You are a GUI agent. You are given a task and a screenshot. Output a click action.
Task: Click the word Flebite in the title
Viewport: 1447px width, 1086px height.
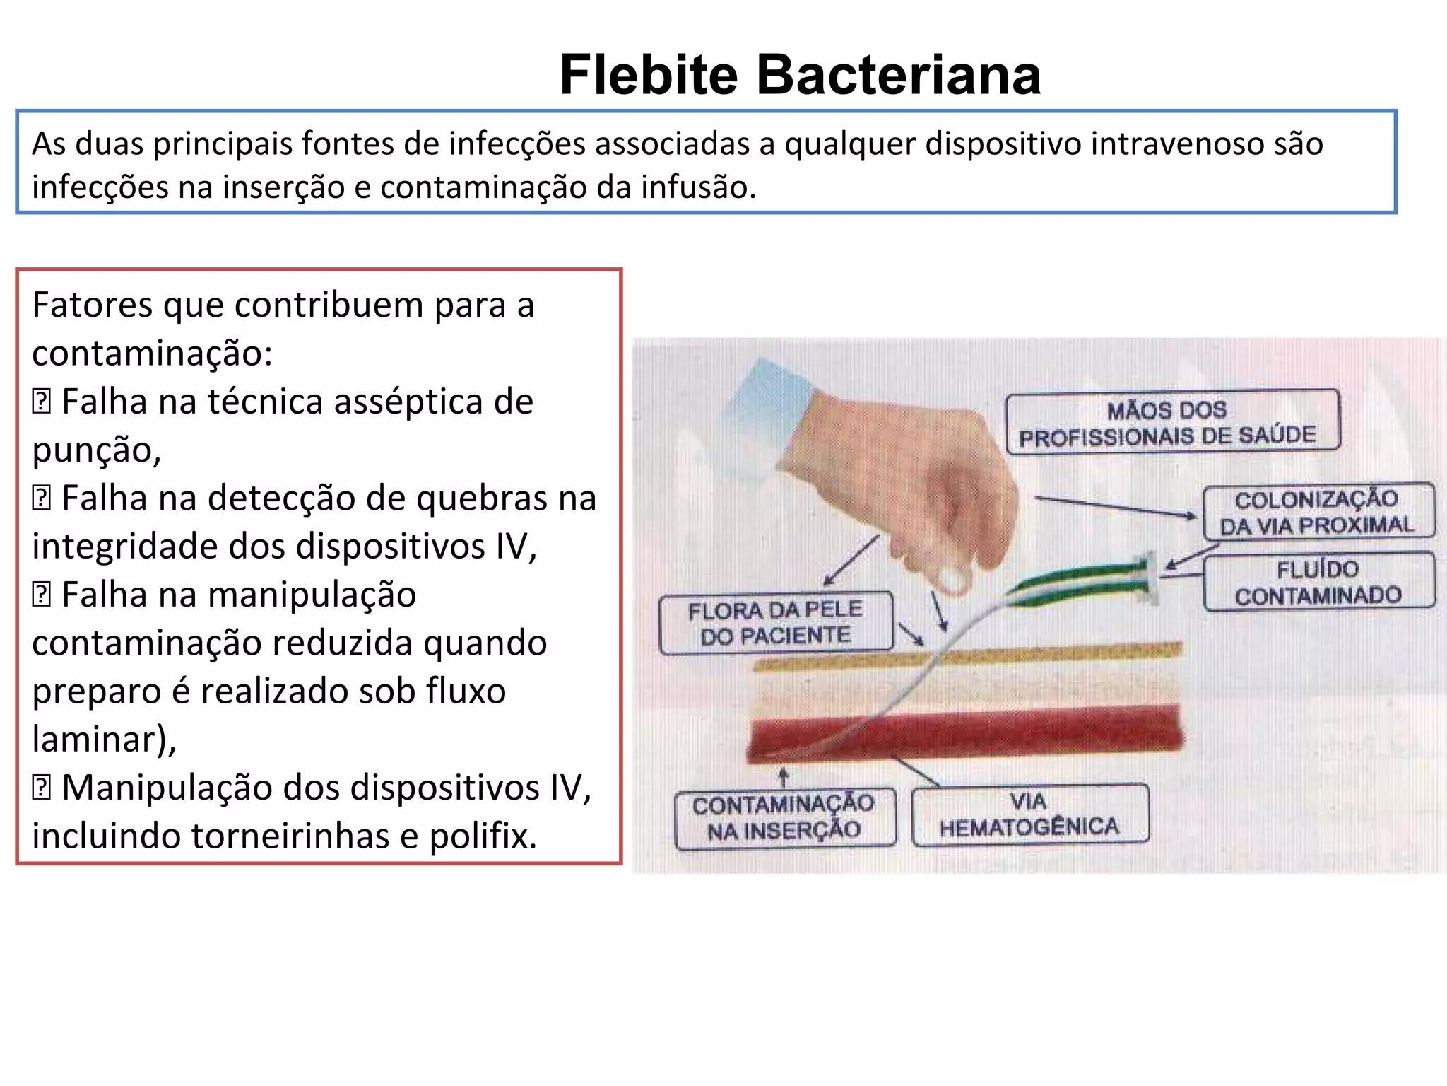[649, 75]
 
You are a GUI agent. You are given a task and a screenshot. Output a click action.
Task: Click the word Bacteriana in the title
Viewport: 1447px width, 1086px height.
[899, 75]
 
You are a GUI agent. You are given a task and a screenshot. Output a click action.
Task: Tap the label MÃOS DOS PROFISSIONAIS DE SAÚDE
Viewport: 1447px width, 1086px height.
[1171, 422]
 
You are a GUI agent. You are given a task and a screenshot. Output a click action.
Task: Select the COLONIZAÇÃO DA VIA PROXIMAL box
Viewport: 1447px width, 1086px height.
[1318, 511]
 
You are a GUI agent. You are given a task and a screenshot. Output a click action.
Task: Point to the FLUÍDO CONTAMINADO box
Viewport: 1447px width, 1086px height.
[1318, 582]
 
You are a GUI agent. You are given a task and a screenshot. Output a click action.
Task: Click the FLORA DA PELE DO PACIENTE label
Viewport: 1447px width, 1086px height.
[775, 622]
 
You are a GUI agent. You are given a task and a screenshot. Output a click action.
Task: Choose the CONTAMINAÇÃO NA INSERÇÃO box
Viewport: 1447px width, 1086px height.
[784, 817]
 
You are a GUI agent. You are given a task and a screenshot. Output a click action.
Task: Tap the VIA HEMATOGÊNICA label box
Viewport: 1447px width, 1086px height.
[1029, 814]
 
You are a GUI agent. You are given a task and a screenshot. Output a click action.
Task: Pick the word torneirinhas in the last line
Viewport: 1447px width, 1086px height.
[290, 836]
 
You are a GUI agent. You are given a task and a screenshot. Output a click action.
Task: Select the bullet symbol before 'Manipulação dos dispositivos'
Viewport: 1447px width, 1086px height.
[42, 788]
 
